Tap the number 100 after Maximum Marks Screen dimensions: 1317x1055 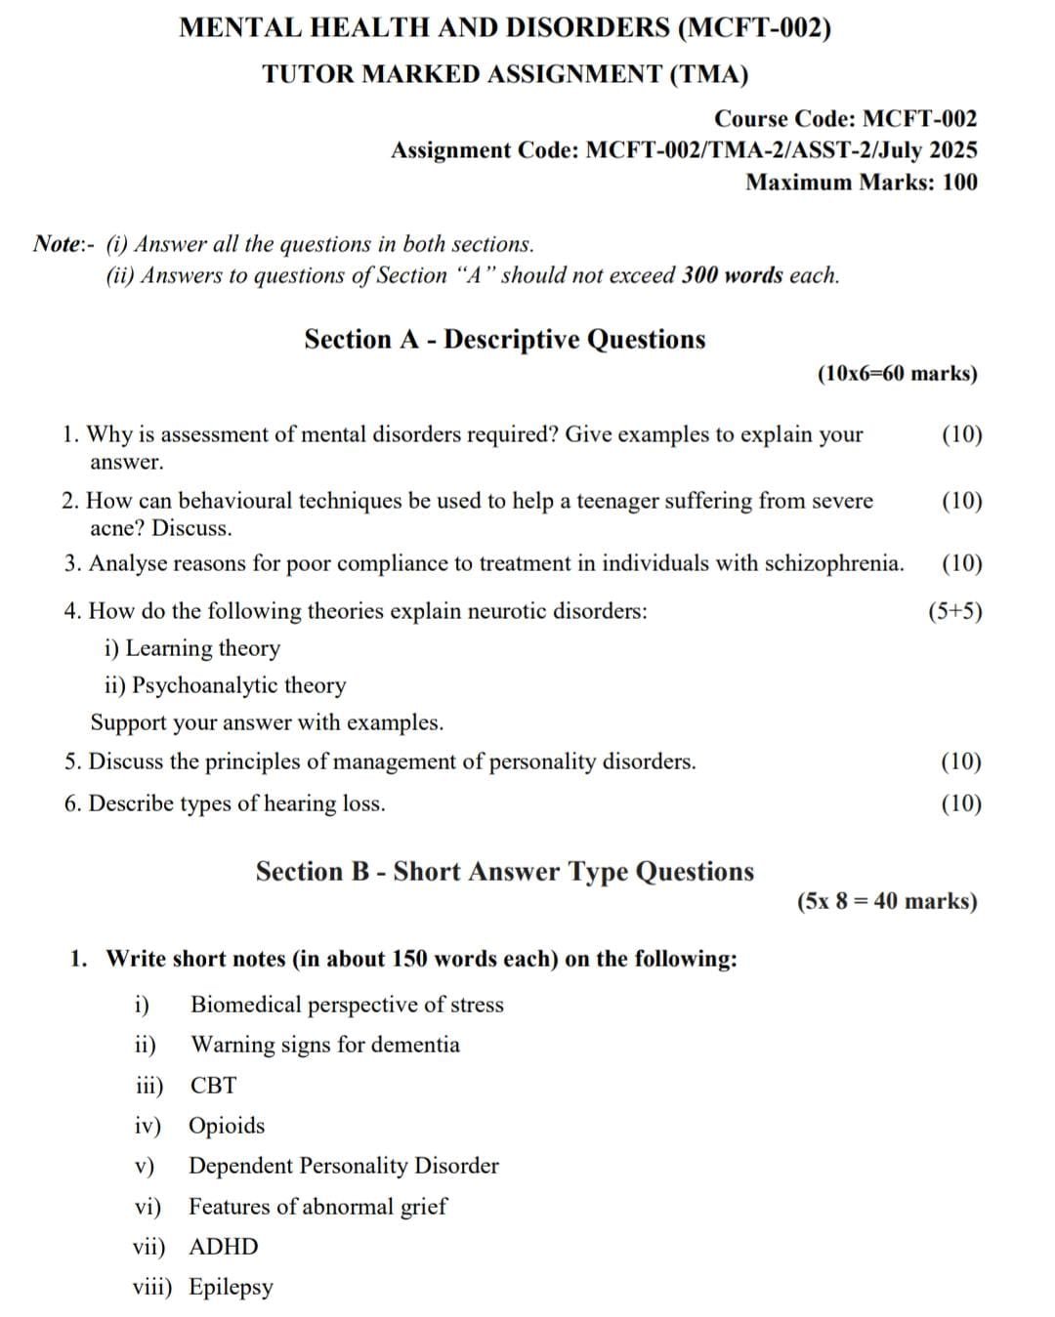(959, 183)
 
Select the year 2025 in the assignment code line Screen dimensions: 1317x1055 (952, 150)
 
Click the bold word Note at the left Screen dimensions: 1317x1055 (57, 243)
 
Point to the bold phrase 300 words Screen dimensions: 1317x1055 (732, 275)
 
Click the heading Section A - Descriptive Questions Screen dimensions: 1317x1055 (504, 339)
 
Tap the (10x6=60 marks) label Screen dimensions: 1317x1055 (896, 373)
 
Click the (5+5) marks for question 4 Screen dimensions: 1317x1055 (954, 611)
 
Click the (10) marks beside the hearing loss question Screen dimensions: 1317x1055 (961, 803)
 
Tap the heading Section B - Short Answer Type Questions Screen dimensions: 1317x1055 (504, 871)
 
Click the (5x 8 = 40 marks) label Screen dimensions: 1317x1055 (887, 901)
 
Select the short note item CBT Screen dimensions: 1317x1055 (213, 1085)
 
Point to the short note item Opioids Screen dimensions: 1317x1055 (227, 1126)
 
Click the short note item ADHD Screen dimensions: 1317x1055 (224, 1247)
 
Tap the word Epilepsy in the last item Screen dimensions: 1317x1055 (232, 1287)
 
